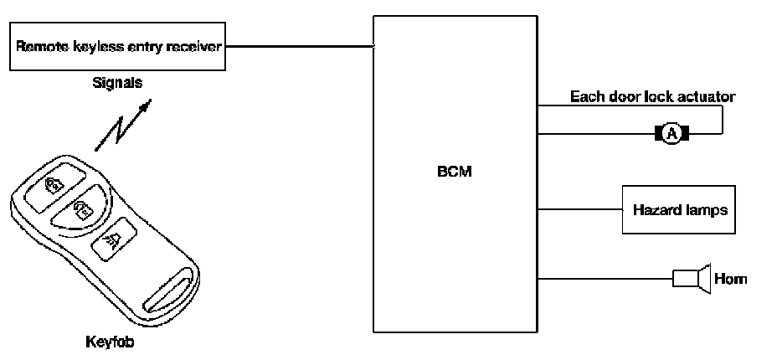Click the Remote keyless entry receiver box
pyautogui.click(x=117, y=48)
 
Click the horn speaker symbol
pyautogui.click(x=692, y=278)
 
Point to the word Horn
pyautogui.click(x=732, y=279)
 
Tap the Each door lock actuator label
pyautogui.click(x=652, y=96)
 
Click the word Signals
pyautogui.click(x=117, y=85)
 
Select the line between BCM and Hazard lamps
pyautogui.click(x=579, y=209)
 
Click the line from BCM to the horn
pyautogui.click(x=603, y=278)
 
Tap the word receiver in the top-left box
pyautogui.click(x=196, y=47)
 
